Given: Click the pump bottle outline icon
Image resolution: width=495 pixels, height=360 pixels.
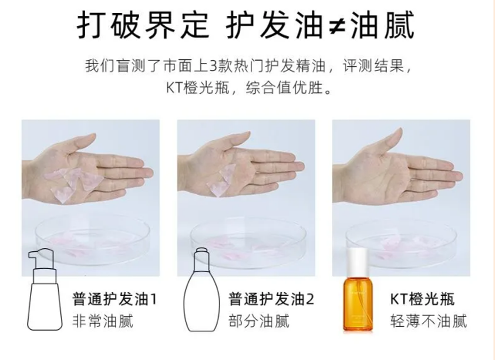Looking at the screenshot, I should point(44,291).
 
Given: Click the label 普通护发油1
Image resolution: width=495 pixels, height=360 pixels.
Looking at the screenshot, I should point(114,299).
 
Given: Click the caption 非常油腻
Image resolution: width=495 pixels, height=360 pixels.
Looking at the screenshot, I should point(103,321).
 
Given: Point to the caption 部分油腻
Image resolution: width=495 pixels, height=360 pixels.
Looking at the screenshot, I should point(258,321).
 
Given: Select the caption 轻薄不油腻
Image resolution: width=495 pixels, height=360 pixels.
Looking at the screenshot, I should point(429,321).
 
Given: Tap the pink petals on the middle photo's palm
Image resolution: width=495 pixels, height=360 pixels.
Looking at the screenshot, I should point(221,173).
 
